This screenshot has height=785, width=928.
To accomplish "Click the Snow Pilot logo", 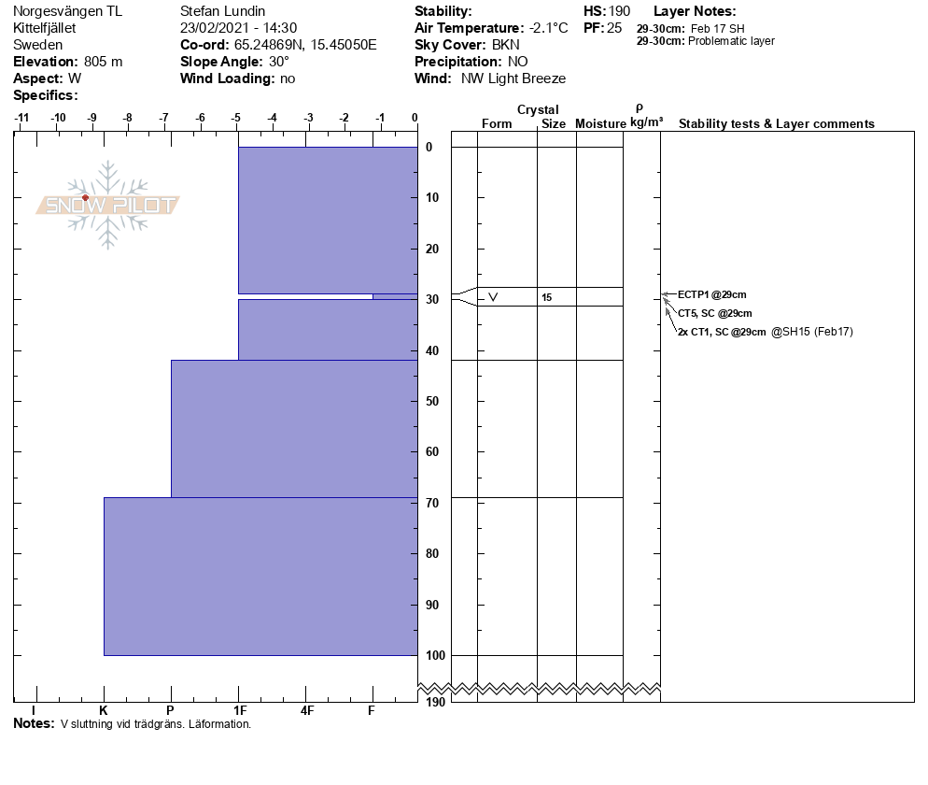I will click(108, 205).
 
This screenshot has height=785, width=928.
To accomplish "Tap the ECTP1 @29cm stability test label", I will click(711, 294).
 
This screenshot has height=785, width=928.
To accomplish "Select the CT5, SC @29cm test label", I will click(714, 313).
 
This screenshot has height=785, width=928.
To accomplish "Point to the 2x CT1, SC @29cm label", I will click(722, 332).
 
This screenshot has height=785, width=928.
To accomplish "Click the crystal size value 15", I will click(546, 297).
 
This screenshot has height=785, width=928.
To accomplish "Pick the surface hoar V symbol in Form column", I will click(493, 297).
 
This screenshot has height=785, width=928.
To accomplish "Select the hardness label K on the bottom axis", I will click(104, 710).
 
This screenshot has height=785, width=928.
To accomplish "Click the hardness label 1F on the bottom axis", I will click(239, 710).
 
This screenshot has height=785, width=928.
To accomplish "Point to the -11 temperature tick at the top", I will click(21, 118).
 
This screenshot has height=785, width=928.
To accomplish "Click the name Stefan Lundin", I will click(222, 11).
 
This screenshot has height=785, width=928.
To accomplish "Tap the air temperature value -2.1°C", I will click(548, 28).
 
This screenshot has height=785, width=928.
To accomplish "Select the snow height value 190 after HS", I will click(619, 11).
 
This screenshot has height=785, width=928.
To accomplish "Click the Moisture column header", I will click(600, 124).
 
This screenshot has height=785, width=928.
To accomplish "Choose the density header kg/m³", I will click(646, 123).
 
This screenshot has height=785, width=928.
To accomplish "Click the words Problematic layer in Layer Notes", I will click(731, 41).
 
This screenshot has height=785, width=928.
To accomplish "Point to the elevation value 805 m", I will click(103, 62).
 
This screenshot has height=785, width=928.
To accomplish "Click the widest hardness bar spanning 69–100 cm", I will click(260, 576).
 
